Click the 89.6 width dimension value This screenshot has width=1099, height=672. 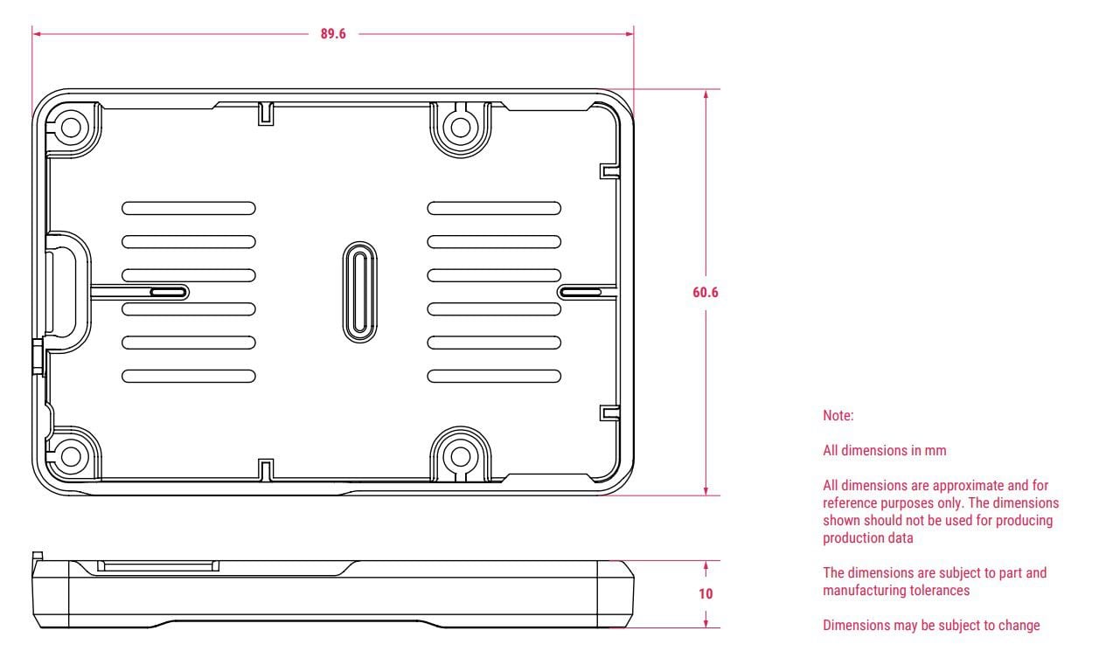(332, 35)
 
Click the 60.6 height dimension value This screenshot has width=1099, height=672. (705, 293)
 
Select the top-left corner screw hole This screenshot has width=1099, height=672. (69, 127)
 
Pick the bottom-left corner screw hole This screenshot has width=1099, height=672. (69, 454)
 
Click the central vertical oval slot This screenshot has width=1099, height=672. (359, 292)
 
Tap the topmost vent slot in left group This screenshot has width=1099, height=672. (189, 208)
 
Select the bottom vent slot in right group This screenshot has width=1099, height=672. (494, 376)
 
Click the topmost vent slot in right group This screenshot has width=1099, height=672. (494, 208)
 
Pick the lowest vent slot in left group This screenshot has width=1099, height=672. (189, 376)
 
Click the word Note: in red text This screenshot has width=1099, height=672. (838, 417)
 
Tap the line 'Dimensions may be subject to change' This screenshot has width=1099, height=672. (931, 625)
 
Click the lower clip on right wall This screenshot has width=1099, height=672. (609, 412)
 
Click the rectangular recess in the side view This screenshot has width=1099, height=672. (157, 567)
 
